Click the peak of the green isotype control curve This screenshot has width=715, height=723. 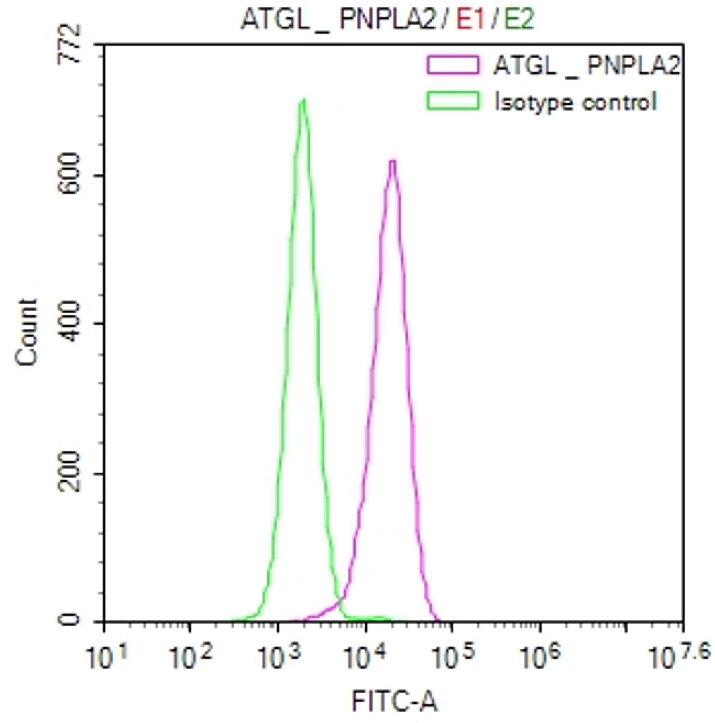[x=303, y=101]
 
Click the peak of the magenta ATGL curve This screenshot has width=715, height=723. [x=393, y=162]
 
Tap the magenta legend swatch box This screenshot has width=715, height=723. [x=453, y=64]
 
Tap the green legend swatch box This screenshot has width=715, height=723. [x=453, y=101]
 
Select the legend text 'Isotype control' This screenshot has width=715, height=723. [x=576, y=102]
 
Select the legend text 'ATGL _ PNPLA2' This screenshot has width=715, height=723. [x=587, y=65]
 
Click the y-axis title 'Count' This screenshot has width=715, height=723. [x=27, y=332]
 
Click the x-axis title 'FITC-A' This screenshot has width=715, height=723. [x=393, y=700]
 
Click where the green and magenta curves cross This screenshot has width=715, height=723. [x=342, y=600]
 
